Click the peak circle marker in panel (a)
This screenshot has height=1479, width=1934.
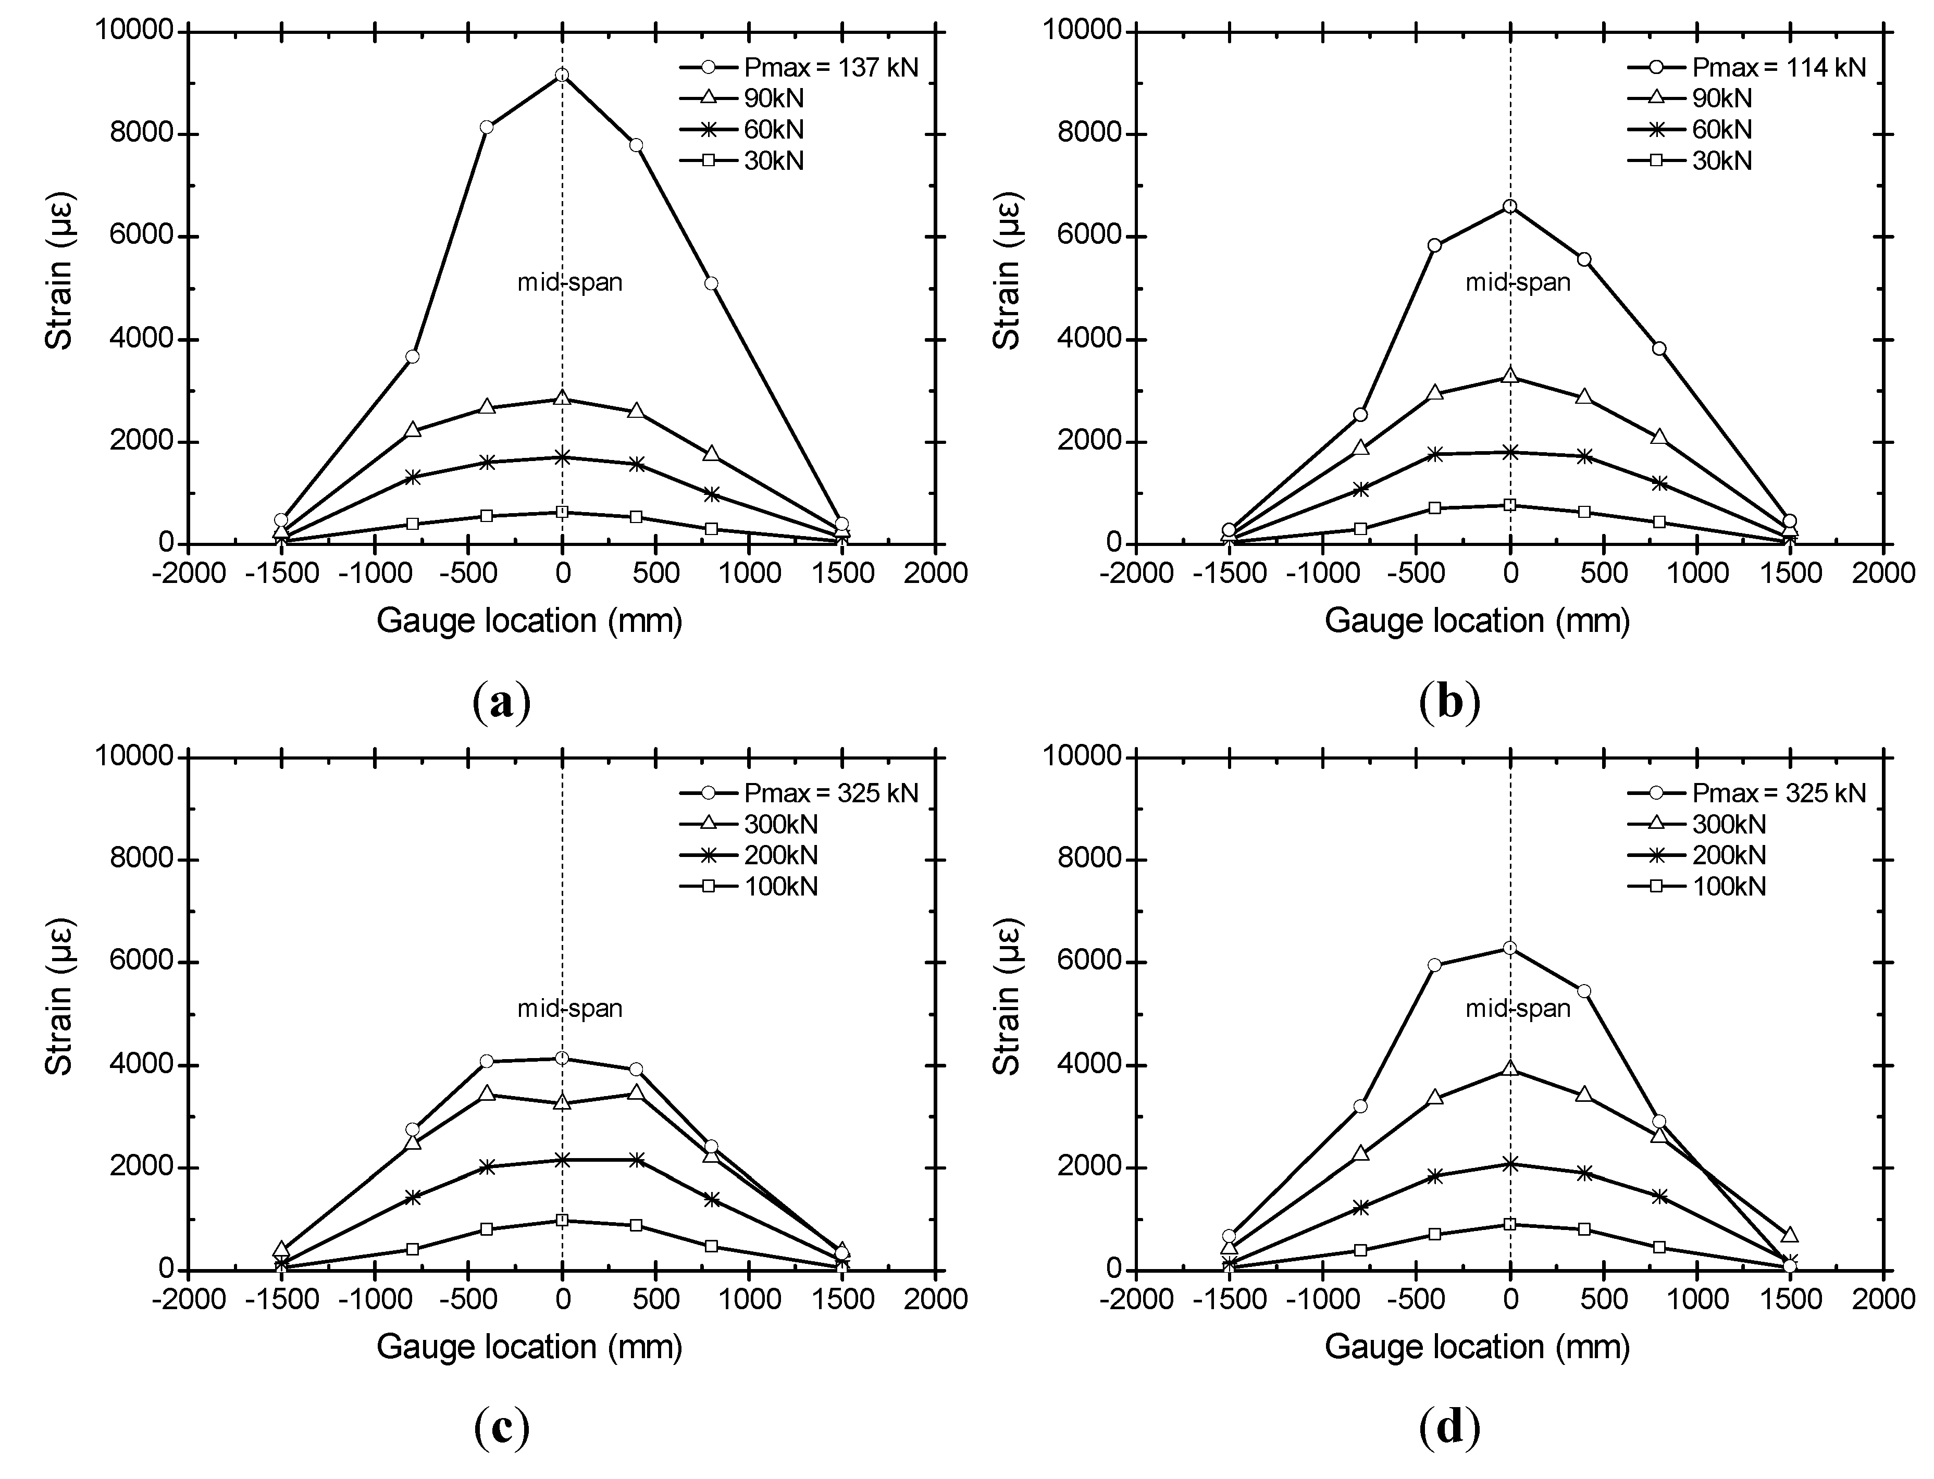point(562,76)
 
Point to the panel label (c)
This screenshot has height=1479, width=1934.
point(502,1427)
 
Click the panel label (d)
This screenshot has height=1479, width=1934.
point(1449,1427)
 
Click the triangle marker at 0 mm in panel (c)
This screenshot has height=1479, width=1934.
point(562,1101)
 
